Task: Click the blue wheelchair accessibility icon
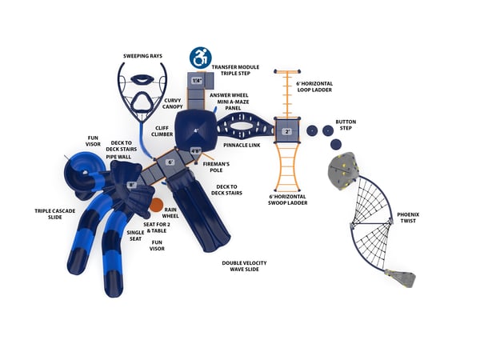[x=199, y=58]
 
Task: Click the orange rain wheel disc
[x=156, y=205]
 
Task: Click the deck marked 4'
[x=196, y=130]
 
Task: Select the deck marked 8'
[x=131, y=185]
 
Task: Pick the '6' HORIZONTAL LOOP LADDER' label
[x=314, y=87]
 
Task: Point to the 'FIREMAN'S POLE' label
[x=217, y=167]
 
